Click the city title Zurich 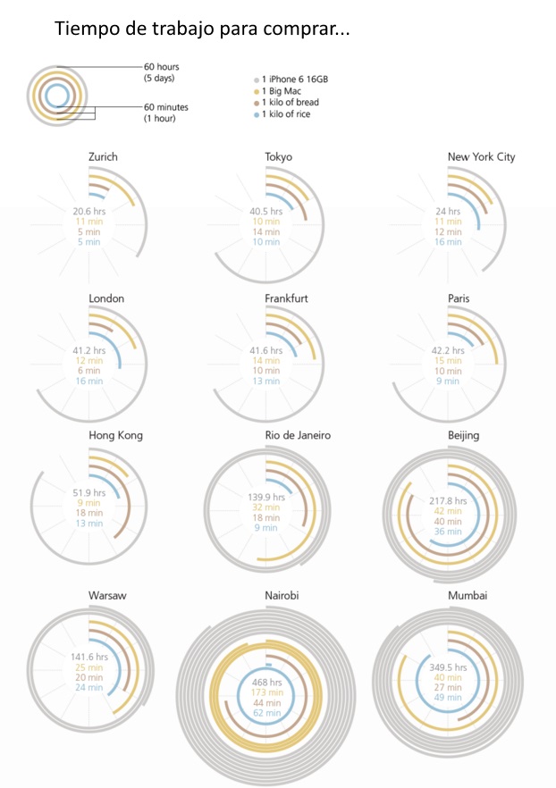pyautogui.click(x=103, y=157)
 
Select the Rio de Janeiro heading pyautogui.click(x=298, y=436)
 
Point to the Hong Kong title pyautogui.click(x=115, y=436)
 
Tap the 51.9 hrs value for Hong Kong pyautogui.click(x=89, y=491)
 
